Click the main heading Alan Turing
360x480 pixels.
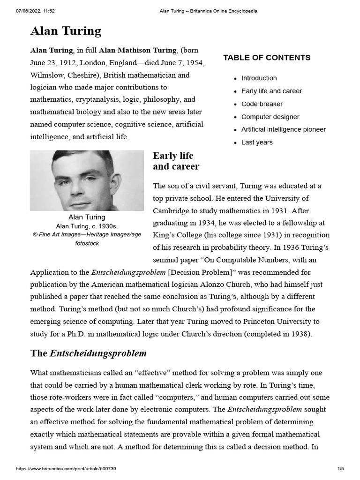point(66,31)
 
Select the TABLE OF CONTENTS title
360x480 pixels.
point(266,58)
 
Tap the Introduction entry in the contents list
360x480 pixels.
point(259,78)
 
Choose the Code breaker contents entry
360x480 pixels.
point(262,104)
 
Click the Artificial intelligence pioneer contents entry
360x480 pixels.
point(283,129)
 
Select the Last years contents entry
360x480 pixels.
point(256,142)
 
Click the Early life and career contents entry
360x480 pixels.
point(271,91)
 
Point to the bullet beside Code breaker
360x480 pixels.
point(235,105)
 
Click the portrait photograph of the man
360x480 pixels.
point(87,180)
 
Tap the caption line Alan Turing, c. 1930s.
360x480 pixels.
point(87,226)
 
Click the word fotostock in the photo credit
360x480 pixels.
point(87,243)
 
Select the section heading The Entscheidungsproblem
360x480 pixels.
point(89,353)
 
